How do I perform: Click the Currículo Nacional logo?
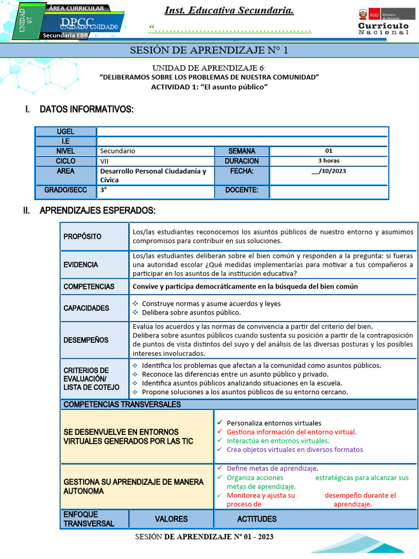point(383,22)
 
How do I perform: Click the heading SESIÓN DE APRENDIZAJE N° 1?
point(209,51)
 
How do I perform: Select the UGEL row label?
point(65,132)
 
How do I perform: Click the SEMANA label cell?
point(241,151)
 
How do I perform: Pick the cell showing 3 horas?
point(328,161)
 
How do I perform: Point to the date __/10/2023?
point(328,171)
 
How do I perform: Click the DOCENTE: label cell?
point(241,191)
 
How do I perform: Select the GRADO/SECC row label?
point(65,191)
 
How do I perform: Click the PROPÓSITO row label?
point(82,237)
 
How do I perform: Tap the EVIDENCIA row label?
point(81,265)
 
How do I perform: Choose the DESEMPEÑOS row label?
point(86,340)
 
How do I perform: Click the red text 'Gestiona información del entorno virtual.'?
point(291,432)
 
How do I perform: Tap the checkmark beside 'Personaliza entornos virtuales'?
point(219,423)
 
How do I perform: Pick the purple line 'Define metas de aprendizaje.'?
point(272,468)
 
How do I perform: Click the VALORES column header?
point(171,519)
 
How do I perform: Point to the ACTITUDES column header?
point(256,519)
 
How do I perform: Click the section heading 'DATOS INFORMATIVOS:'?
point(86,110)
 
